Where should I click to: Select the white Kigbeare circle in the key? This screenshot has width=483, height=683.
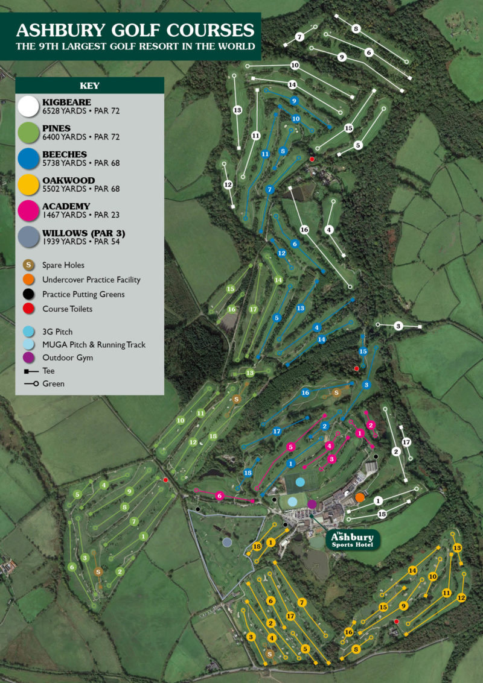[x=28, y=107]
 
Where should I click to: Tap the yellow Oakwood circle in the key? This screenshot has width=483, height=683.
[x=28, y=184]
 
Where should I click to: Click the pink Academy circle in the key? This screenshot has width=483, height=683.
[x=28, y=210]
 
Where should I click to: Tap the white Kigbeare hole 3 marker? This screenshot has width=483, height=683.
[x=398, y=326]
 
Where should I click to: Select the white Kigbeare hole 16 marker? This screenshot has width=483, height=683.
[x=304, y=230]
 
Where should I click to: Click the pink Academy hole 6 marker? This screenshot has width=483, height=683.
[x=220, y=496]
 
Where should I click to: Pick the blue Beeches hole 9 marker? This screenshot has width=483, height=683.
[x=294, y=101]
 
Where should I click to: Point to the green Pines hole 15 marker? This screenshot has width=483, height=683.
[x=230, y=289]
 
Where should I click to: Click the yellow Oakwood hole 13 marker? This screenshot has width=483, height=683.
[x=457, y=547]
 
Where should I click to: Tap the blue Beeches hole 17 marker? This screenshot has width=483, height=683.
[x=277, y=432]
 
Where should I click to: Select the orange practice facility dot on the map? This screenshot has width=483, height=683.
[x=360, y=497]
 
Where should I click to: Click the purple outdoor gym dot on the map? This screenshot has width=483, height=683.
[x=312, y=504]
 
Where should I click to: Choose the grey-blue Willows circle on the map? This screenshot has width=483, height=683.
[x=227, y=543]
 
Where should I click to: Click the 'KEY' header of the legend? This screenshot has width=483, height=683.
[x=89, y=86]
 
